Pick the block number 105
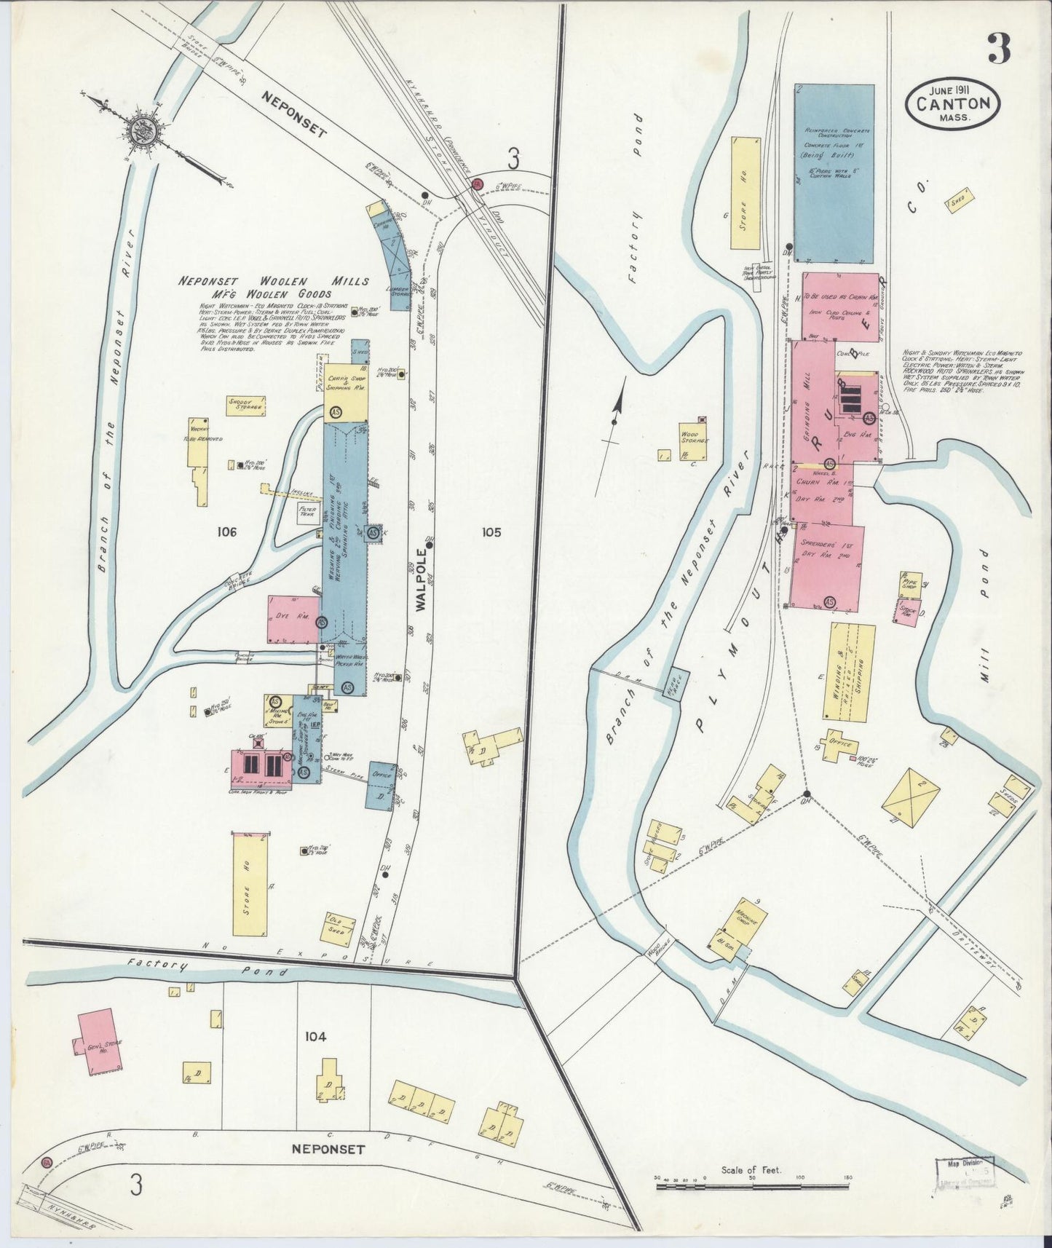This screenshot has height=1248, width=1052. pos(491,532)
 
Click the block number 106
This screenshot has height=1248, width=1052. pos(226,532)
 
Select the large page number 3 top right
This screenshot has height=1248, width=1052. pos(998,50)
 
